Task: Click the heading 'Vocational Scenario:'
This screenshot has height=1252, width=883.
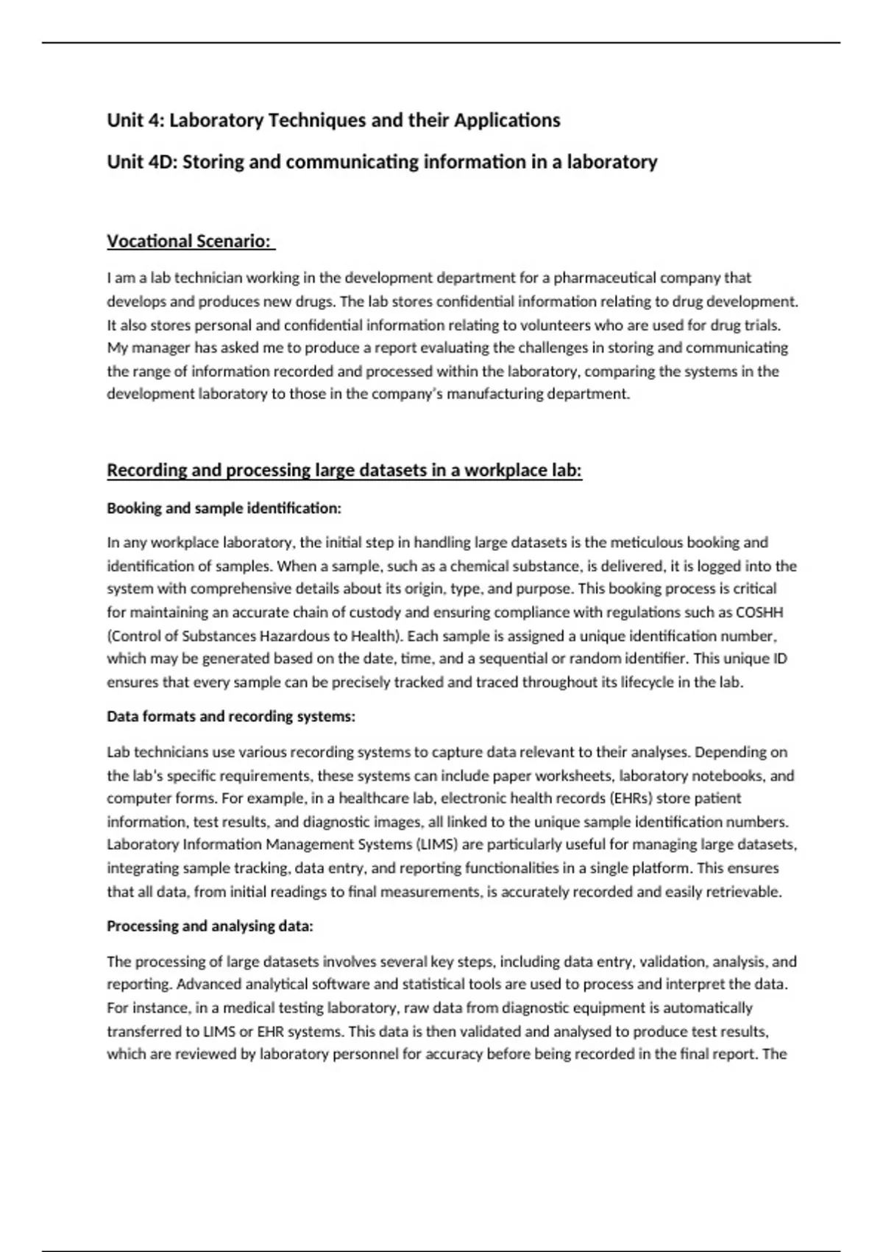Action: [189, 242]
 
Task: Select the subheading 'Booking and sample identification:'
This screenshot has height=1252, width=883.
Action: [224, 508]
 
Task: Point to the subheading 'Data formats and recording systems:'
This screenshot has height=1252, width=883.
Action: [231, 717]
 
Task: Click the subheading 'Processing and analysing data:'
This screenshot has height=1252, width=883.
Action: [210, 926]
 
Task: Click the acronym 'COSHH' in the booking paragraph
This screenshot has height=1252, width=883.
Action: [759, 613]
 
